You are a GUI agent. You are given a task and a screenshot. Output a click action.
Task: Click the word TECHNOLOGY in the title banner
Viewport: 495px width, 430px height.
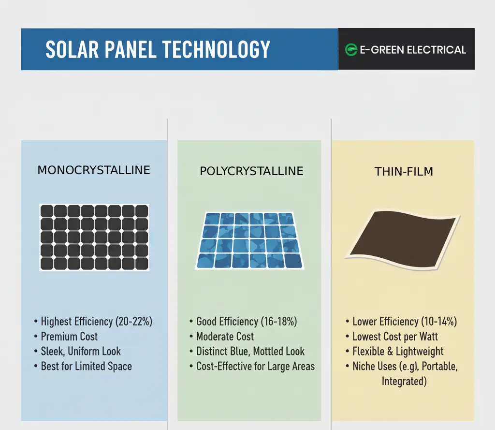216,50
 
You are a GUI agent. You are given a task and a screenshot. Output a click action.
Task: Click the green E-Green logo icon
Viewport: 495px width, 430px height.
351,50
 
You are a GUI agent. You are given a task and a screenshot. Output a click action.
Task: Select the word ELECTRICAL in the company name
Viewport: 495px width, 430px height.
437,50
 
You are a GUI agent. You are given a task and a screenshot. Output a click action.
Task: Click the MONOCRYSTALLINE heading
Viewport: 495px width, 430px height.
94,170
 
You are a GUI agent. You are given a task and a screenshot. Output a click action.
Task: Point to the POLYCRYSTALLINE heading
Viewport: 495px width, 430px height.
251,171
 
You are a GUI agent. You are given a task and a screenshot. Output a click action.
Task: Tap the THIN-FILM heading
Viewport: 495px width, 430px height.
404,172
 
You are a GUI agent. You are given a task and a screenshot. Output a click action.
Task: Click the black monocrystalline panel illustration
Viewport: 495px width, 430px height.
94,237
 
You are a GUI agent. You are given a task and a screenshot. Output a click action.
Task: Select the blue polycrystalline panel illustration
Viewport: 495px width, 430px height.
249,240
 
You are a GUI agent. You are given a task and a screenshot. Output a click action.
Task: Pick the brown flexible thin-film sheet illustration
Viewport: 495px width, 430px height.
403,240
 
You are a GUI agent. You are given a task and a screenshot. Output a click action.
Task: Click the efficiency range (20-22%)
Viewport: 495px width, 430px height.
134,321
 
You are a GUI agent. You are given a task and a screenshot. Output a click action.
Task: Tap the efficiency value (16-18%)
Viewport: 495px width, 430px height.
279,321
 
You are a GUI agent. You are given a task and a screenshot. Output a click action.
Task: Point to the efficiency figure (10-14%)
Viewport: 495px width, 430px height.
439,321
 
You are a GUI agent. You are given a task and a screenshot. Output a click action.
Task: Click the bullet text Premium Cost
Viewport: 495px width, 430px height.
69,337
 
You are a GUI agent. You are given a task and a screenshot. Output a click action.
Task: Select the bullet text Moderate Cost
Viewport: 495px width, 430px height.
225,337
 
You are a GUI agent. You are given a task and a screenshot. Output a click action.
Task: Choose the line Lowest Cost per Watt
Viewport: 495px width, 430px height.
395,337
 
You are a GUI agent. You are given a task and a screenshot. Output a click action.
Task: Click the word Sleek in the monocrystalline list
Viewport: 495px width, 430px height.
53,351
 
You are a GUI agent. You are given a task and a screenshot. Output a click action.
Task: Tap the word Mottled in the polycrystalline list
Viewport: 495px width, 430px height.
268,351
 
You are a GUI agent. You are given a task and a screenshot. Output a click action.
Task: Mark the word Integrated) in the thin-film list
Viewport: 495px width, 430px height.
404,381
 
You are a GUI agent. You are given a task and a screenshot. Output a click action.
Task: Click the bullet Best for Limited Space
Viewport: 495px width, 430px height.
86,367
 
